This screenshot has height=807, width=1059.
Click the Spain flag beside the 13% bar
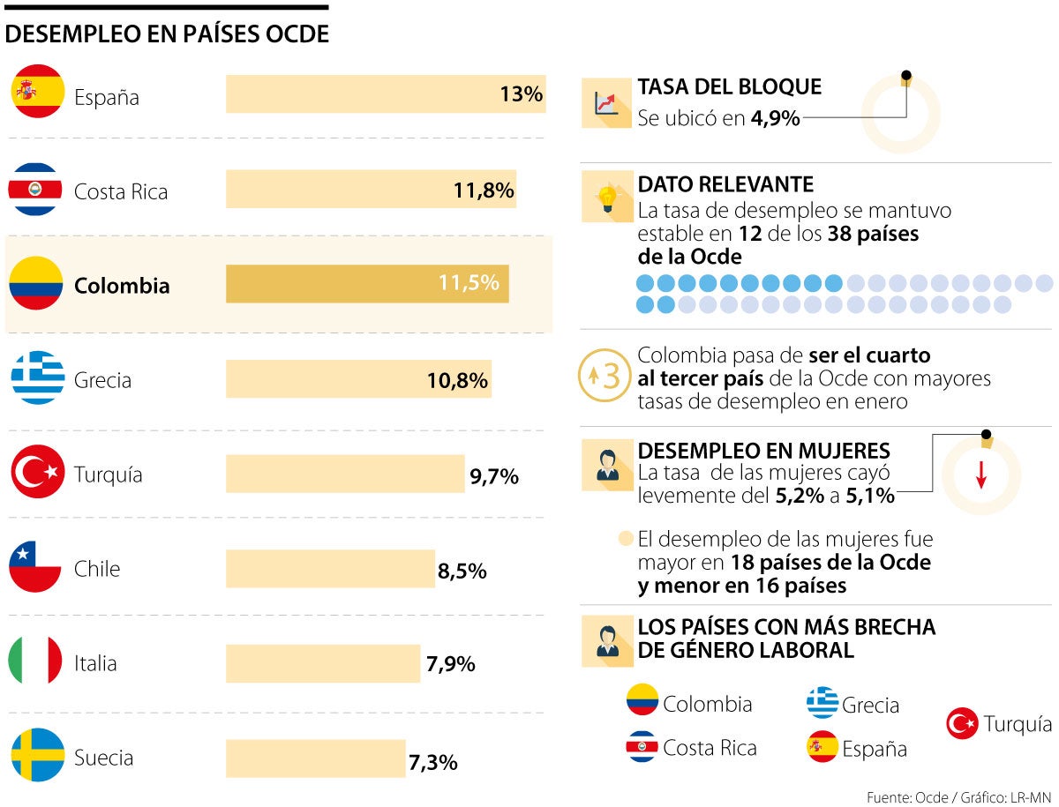pyautogui.click(x=37, y=92)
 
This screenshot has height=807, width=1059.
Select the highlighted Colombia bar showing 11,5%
pyautogui.click(x=366, y=284)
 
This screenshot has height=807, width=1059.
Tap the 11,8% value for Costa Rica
pyautogui.click(x=483, y=191)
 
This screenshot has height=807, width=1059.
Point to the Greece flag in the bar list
pyautogui.click(x=37, y=377)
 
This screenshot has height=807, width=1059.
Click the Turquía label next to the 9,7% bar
pyautogui.click(x=109, y=474)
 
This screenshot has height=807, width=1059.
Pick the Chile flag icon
pyautogui.click(x=35, y=567)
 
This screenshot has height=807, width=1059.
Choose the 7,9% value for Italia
pyautogui.click(x=451, y=663)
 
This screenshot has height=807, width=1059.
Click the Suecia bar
pyautogui.click(x=315, y=758)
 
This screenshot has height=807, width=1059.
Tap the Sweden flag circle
pyautogui.click(x=37, y=755)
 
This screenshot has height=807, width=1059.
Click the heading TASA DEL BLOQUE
pyautogui.click(x=729, y=86)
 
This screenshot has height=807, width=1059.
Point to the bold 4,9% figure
pyautogui.click(x=776, y=117)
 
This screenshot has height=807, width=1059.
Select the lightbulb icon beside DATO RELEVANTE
pyautogui.click(x=606, y=196)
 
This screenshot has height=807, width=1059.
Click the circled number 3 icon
pyautogui.click(x=605, y=377)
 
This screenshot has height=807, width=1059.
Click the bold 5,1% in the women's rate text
pyautogui.click(x=870, y=496)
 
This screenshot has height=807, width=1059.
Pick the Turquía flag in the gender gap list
pyautogui.click(x=962, y=724)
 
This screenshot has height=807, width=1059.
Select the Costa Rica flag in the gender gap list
pyautogui.click(x=642, y=748)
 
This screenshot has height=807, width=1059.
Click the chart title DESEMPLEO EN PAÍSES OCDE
pyautogui.click(x=167, y=34)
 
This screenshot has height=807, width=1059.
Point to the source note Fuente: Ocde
pyautogui.click(x=907, y=797)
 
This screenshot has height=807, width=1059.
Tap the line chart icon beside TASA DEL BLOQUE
pyautogui.click(x=606, y=103)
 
